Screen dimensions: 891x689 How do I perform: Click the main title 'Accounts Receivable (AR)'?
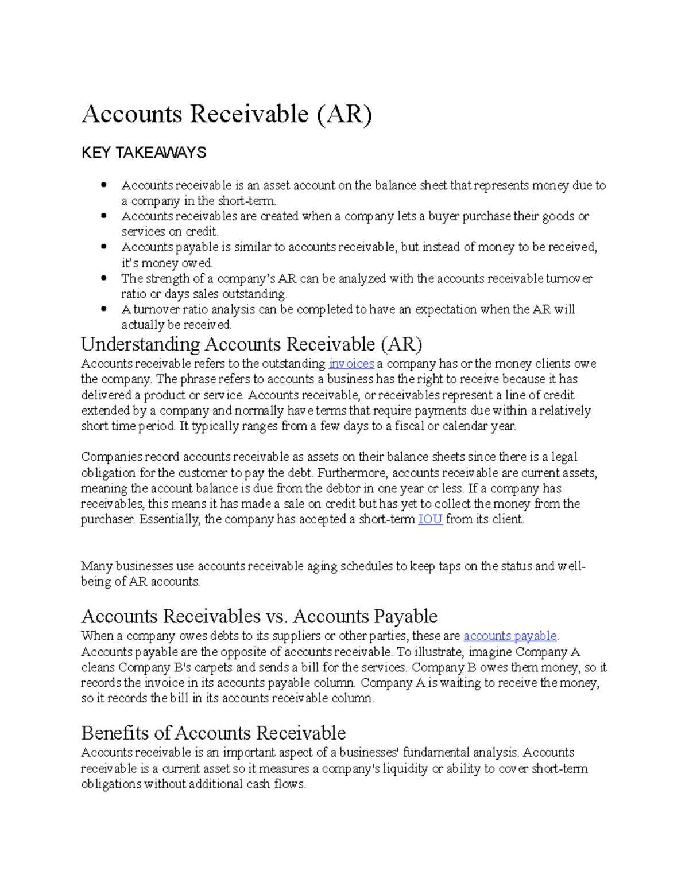pos(227,114)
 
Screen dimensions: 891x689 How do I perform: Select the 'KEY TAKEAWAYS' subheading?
pos(144,153)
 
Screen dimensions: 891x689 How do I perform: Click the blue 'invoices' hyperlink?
pos(351,364)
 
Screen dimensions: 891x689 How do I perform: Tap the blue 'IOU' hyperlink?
pos(430,520)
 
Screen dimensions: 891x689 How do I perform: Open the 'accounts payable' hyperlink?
pos(510,636)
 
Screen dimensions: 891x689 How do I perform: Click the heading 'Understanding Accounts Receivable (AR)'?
pos(251,344)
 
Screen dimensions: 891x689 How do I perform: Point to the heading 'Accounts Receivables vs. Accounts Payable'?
pos(259,616)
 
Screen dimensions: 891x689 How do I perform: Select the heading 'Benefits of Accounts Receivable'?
pos(213,733)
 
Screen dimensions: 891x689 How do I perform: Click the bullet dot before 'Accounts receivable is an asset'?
pos(104,185)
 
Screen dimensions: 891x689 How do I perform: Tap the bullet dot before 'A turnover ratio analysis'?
pos(104,309)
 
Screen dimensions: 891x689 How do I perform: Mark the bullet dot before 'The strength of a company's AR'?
pos(104,278)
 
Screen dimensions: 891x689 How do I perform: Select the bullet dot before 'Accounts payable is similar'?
pos(104,247)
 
